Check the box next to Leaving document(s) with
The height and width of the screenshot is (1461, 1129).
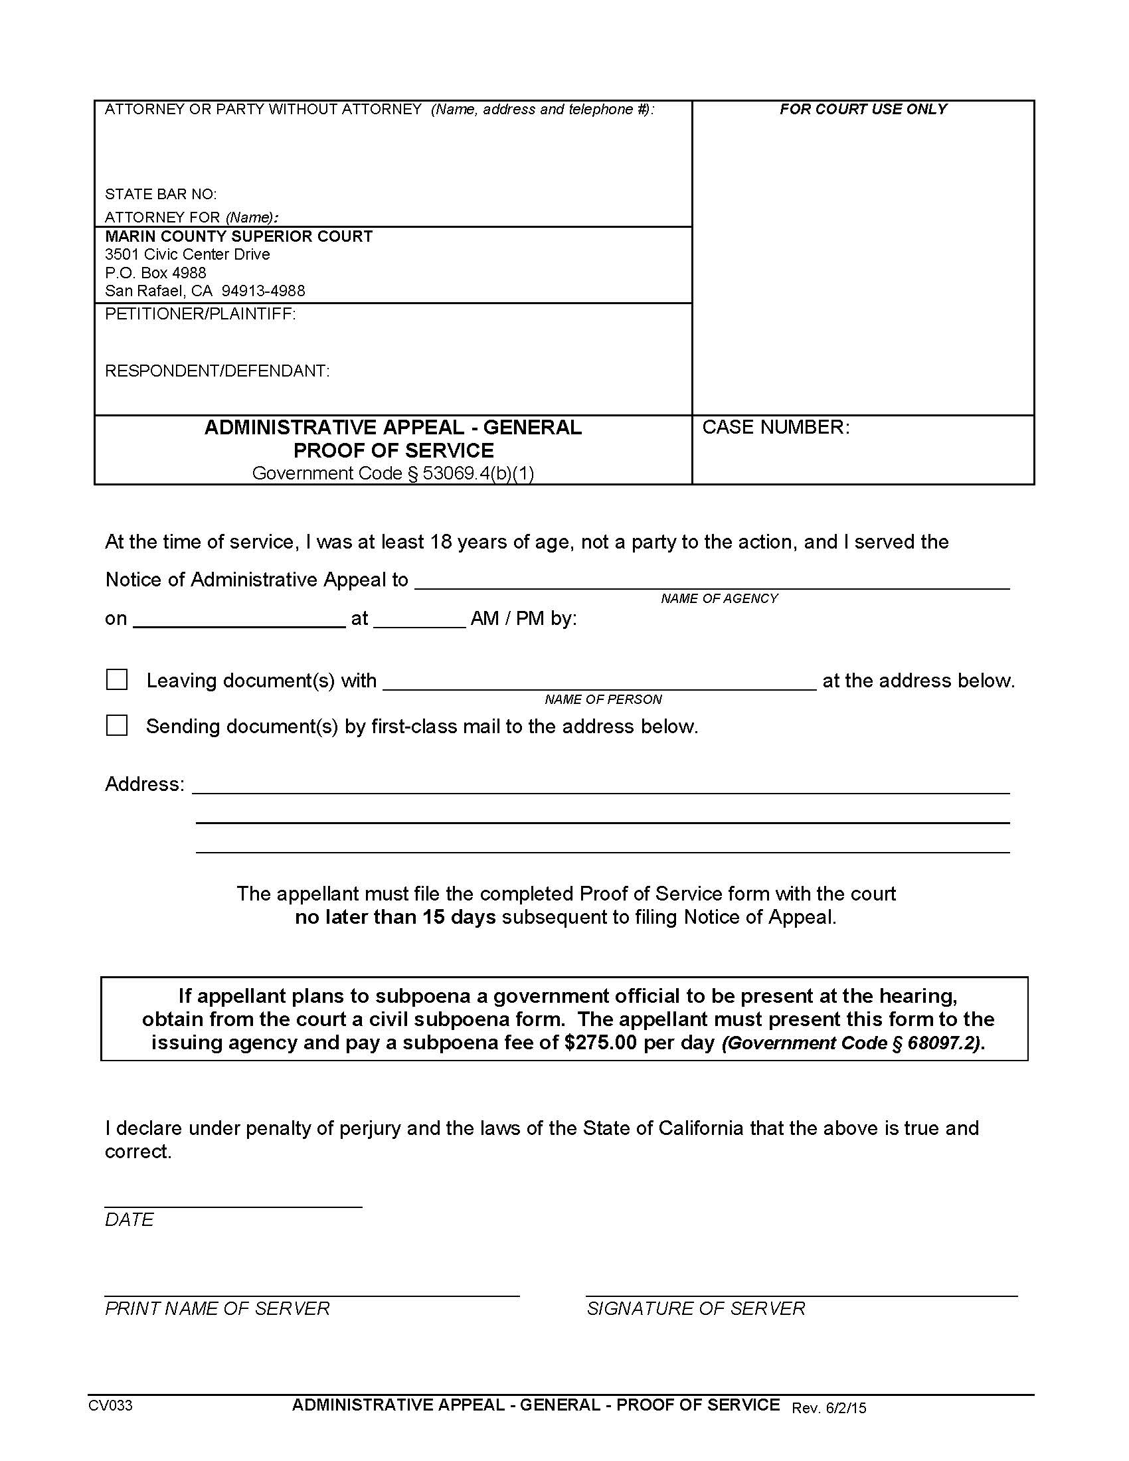pyautogui.click(x=117, y=679)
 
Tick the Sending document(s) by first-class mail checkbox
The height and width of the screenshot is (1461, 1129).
pyautogui.click(x=117, y=725)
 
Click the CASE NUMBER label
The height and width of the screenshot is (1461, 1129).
pyautogui.click(x=775, y=427)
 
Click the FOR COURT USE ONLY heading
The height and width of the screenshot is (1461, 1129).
pyautogui.click(x=863, y=109)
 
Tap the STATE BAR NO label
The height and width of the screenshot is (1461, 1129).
pyautogui.click(x=161, y=194)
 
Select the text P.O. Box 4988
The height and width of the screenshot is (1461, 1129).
pyautogui.click(x=155, y=272)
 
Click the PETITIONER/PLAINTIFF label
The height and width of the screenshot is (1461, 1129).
pyautogui.click(x=200, y=313)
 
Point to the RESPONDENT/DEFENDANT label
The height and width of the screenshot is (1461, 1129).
pyautogui.click(x=217, y=371)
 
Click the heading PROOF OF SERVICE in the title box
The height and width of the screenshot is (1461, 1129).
pyautogui.click(x=393, y=450)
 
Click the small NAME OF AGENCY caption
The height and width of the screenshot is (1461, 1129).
pyautogui.click(x=719, y=598)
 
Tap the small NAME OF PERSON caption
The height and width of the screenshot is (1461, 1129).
pyautogui.click(x=602, y=699)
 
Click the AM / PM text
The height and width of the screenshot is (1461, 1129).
pyautogui.click(x=507, y=618)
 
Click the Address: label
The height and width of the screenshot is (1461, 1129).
pyautogui.click(x=145, y=784)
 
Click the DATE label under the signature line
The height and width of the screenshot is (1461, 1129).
pyautogui.click(x=129, y=1219)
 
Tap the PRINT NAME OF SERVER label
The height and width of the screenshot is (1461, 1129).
pyautogui.click(x=217, y=1308)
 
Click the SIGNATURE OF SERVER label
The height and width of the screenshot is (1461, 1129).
pyautogui.click(x=695, y=1308)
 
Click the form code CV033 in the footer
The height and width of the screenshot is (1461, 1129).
pyautogui.click(x=110, y=1405)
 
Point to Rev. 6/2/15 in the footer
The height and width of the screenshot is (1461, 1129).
pyautogui.click(x=829, y=1407)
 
